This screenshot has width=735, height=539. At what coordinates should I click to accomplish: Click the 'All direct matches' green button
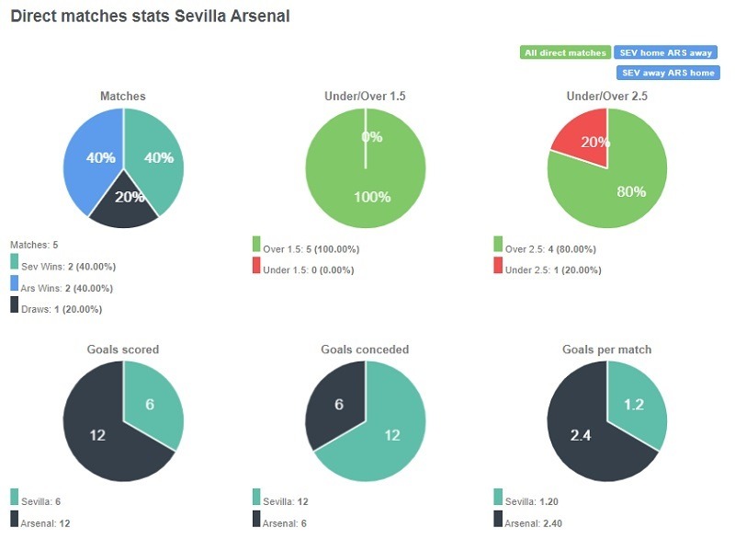(x=565, y=52)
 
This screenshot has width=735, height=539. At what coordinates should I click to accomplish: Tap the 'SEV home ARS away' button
(x=667, y=52)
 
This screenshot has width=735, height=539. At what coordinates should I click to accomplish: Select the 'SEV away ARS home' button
(x=667, y=73)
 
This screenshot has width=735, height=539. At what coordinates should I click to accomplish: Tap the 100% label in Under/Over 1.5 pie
(x=372, y=197)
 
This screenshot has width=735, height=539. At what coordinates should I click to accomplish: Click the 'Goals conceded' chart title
(x=365, y=350)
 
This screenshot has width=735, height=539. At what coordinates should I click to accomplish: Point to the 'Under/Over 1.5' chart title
(x=365, y=96)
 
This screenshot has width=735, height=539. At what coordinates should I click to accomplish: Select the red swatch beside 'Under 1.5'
(x=256, y=266)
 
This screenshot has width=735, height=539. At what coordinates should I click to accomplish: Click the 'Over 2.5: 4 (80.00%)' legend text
(x=552, y=249)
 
